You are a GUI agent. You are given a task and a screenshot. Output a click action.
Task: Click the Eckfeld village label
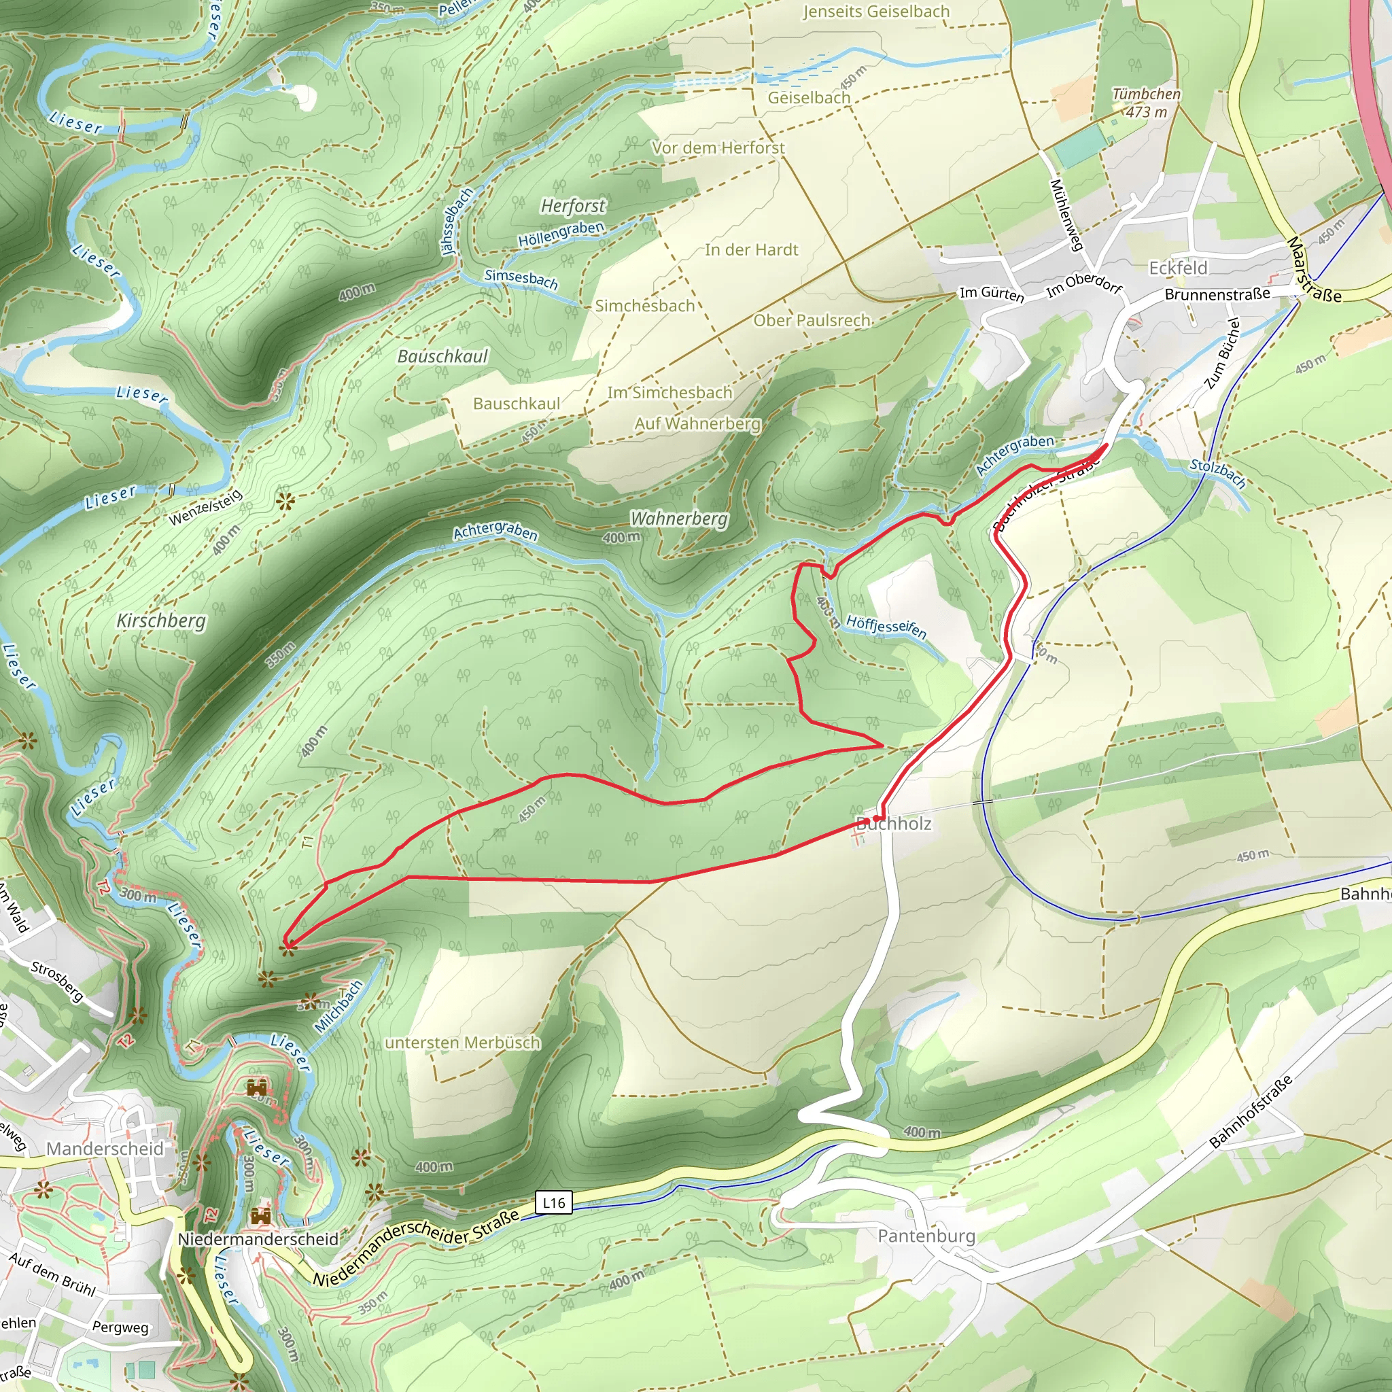(x=1178, y=268)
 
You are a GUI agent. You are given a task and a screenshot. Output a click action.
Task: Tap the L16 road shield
(x=553, y=1202)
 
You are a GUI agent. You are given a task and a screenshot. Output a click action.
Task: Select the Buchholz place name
(x=894, y=824)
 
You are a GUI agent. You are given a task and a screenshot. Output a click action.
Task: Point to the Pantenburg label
(x=926, y=1236)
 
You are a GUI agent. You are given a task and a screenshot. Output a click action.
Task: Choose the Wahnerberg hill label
(x=679, y=519)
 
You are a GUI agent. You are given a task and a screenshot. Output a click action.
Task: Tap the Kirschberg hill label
(x=161, y=621)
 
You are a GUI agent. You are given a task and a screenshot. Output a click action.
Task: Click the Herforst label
(x=573, y=206)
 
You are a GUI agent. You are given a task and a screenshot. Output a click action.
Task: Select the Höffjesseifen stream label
(x=886, y=626)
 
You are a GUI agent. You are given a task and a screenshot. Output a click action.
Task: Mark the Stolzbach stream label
(x=1217, y=473)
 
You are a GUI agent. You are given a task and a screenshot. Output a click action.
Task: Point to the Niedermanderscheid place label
(x=258, y=1238)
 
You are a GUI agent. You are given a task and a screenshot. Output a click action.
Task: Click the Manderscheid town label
(x=105, y=1149)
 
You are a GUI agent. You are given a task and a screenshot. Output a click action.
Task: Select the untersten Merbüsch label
(x=463, y=1043)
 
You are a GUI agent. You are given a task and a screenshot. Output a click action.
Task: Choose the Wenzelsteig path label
(x=206, y=507)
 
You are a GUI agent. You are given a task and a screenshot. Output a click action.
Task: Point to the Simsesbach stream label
(x=521, y=279)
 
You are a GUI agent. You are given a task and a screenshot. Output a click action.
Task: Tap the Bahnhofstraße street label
(x=1250, y=1112)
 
